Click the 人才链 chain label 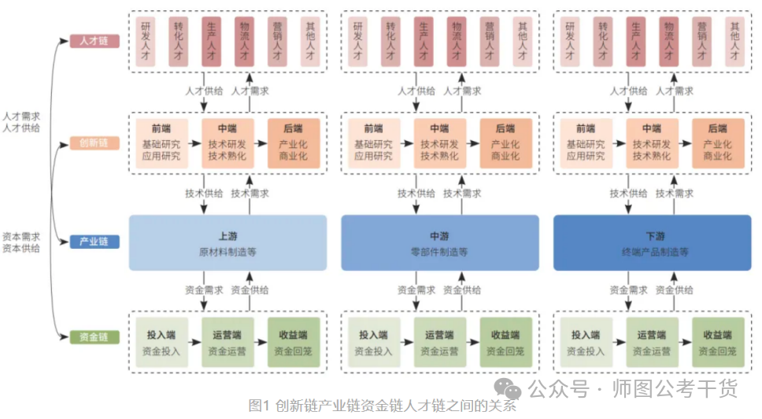tap(94, 40)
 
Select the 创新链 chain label tap(94, 143)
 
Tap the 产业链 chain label tap(94, 242)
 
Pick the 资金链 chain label tap(94, 337)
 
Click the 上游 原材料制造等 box tap(227, 243)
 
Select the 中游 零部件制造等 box tap(440, 243)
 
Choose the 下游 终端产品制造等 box tap(653, 243)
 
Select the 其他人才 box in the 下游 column tap(734, 40)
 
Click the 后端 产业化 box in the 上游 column tap(294, 143)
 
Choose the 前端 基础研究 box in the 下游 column tap(586, 143)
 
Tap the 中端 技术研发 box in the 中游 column tap(439, 143)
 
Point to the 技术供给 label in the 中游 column tap(416, 193)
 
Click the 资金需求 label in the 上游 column tap(204, 290)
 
